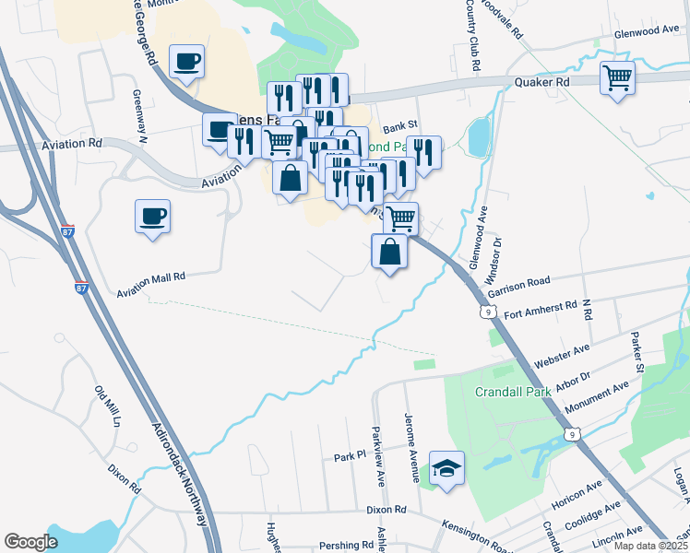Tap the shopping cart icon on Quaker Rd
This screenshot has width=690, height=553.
click(x=617, y=77)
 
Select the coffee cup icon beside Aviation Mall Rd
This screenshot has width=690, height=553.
click(x=152, y=218)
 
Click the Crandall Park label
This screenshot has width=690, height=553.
click(x=513, y=391)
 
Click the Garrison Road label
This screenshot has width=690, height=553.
click(x=518, y=286)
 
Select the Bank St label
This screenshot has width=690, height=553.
click(x=400, y=125)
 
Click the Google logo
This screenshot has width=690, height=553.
click(x=30, y=542)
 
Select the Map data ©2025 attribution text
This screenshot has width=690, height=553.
click(x=649, y=546)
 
